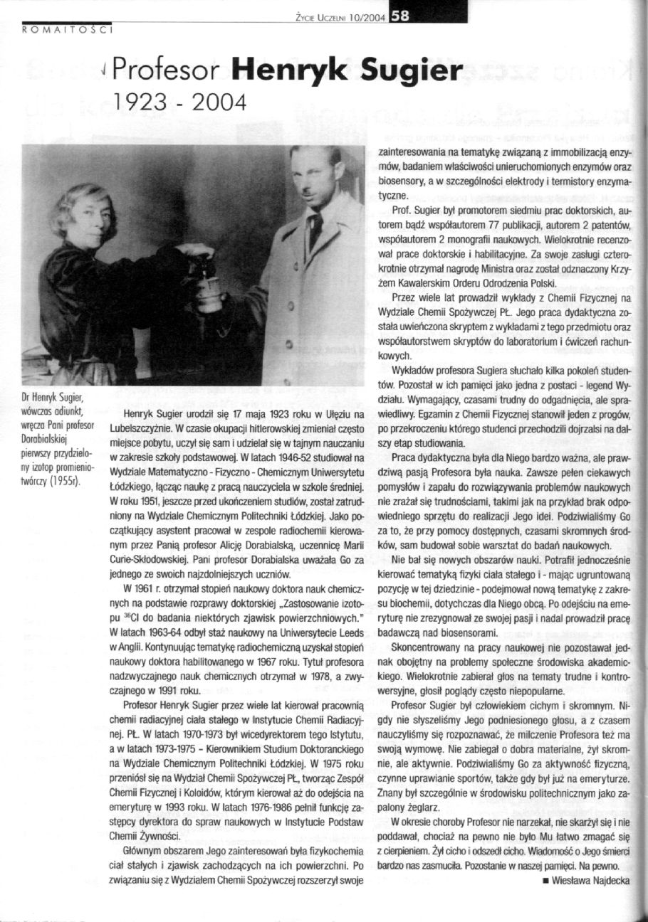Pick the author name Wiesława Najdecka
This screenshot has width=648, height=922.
click(588, 880)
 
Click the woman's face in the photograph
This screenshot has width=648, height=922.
click(84, 215)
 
